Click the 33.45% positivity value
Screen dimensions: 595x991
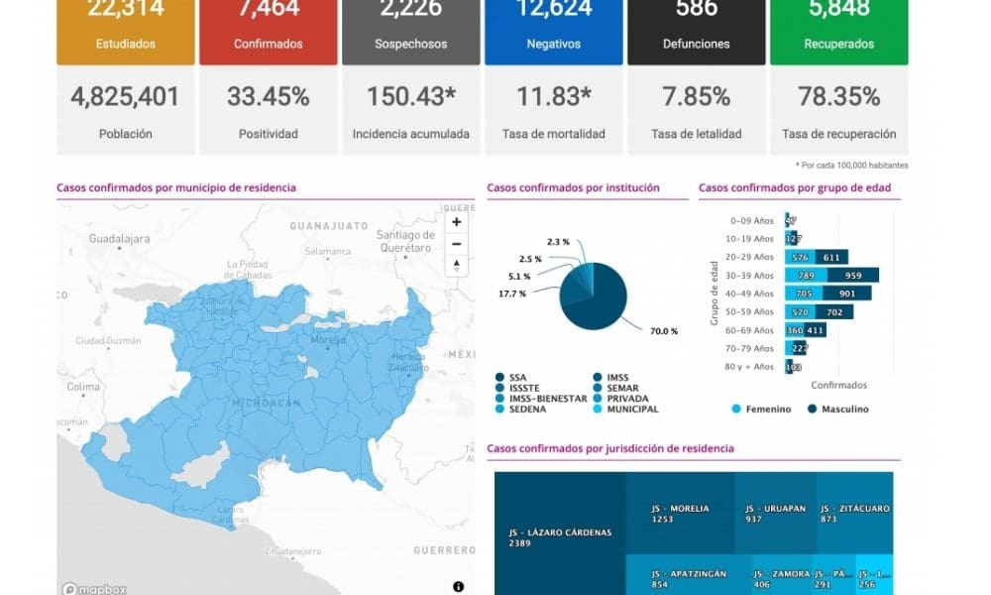tap(268, 97)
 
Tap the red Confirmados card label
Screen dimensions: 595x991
tap(268, 44)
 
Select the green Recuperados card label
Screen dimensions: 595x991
tap(838, 44)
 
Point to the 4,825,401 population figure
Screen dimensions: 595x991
tap(125, 97)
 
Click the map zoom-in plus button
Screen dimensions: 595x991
tap(456, 223)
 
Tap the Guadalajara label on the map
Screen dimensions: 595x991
tap(119, 239)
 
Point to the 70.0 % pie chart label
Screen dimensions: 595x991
tap(664, 331)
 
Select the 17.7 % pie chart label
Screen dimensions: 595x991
tap(512, 294)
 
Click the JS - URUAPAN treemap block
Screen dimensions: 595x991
tap(775, 513)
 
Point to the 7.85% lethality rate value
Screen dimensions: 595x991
tap(696, 97)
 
